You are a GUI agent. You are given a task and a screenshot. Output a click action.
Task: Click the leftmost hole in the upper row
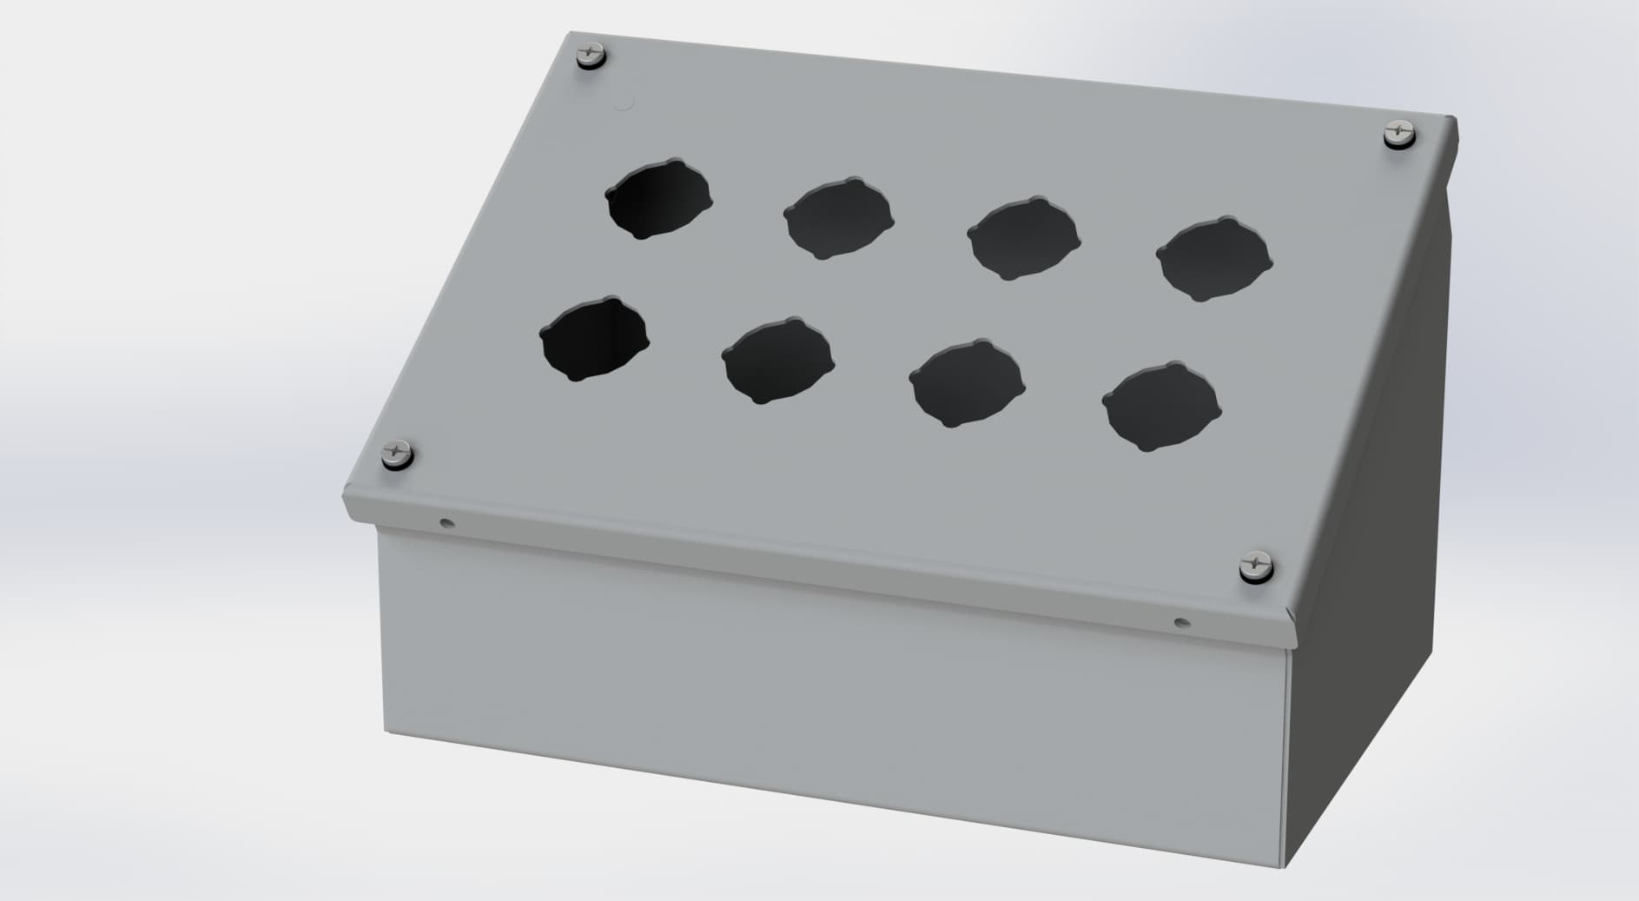(x=658, y=198)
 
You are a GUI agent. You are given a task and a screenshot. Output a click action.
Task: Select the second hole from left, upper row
(x=838, y=218)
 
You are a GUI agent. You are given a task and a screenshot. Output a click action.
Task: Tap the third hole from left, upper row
(x=1023, y=238)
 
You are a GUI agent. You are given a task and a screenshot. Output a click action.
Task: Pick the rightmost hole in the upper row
(x=1213, y=258)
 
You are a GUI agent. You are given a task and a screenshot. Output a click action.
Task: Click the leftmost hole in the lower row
(x=594, y=339)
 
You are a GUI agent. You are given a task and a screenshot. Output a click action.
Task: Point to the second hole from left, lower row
(x=777, y=360)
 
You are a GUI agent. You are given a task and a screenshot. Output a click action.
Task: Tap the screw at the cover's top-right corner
(x=1398, y=134)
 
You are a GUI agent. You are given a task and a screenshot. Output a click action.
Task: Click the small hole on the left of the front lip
(x=446, y=523)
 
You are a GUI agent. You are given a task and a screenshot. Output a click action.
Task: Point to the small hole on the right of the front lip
(x=1179, y=622)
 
